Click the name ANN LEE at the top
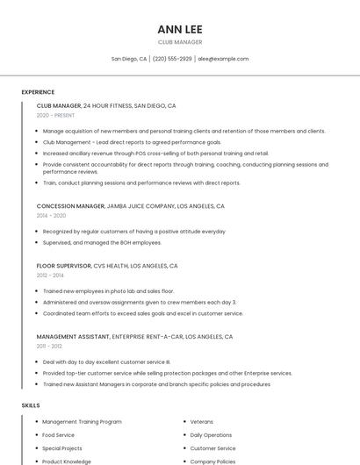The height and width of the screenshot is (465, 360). click(x=180, y=29)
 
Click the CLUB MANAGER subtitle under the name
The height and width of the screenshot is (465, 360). click(x=180, y=42)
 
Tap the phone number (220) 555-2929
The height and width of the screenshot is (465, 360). click(x=172, y=59)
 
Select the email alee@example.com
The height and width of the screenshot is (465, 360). click(x=223, y=59)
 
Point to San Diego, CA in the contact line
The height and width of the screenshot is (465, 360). click(x=129, y=59)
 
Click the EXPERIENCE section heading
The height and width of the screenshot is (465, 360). click(x=38, y=92)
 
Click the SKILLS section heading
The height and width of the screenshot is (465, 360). click(x=31, y=405)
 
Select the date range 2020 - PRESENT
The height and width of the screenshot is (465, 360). click(x=55, y=115)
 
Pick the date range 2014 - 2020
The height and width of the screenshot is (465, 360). click(x=51, y=216)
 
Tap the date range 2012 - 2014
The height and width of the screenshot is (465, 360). click(x=50, y=275)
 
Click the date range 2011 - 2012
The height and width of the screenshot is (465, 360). click(x=49, y=346)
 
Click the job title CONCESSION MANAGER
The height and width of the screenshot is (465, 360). click(x=70, y=206)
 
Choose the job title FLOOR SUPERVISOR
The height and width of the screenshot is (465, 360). click(x=64, y=266)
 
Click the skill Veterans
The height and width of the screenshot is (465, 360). click(x=202, y=422)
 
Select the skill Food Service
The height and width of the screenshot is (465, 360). click(x=58, y=435)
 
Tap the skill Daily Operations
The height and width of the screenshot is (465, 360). click(x=211, y=435)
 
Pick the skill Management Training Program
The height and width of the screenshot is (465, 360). click(x=82, y=422)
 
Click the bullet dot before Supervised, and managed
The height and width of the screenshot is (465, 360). click(x=37, y=243)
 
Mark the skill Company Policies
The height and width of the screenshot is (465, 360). click(x=212, y=461)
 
